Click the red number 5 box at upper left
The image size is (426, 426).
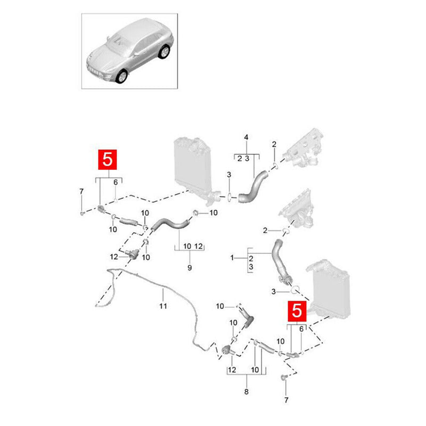(108, 159)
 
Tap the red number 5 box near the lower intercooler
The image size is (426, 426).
(297, 311)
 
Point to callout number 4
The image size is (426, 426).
(246, 137)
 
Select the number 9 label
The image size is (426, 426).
(190, 268)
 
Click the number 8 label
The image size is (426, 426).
(247, 392)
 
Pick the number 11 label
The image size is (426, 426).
(163, 306)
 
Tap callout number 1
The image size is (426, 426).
(232, 257)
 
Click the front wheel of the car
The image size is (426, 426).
(121, 76)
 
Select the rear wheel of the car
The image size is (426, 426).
(164, 52)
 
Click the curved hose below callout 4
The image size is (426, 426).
(252, 187)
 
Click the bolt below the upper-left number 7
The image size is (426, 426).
(82, 214)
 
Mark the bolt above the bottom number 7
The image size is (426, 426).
(284, 378)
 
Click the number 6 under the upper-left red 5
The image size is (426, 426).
(116, 182)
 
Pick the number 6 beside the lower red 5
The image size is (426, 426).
(301, 329)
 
